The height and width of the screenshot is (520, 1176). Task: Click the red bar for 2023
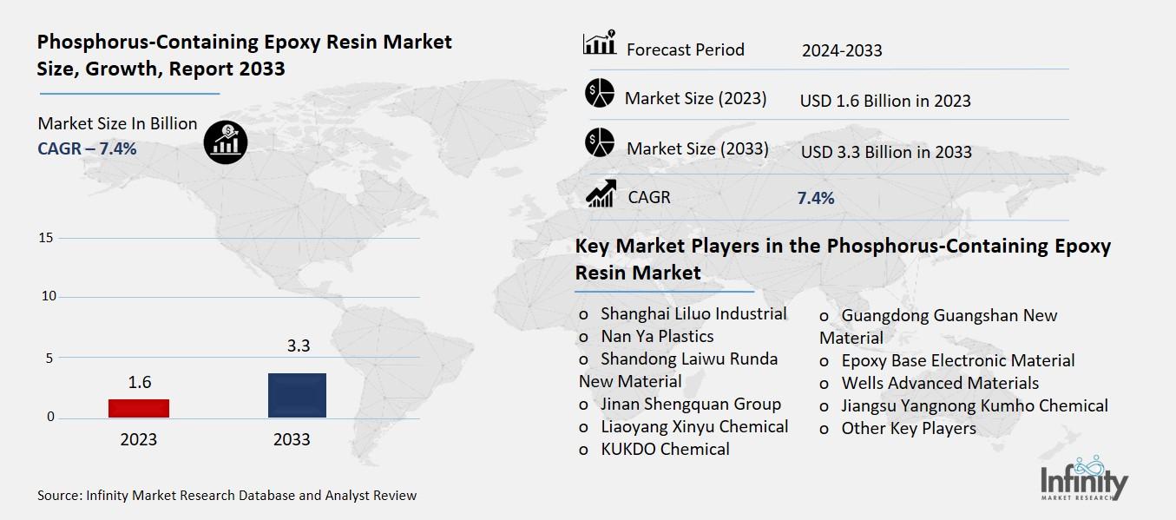click(x=139, y=408)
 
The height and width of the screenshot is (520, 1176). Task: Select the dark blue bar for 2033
click(x=297, y=395)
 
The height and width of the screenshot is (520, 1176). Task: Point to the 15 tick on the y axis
click(x=48, y=238)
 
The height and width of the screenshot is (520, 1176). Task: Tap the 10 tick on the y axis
click(x=48, y=297)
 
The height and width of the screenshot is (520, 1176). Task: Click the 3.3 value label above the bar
click(x=299, y=346)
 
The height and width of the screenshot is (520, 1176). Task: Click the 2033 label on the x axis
click(x=292, y=439)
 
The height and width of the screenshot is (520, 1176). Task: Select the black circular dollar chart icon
click(x=226, y=141)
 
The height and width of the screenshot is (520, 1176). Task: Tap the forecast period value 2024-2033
click(x=842, y=50)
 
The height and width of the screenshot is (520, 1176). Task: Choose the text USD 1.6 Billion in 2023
click(x=885, y=101)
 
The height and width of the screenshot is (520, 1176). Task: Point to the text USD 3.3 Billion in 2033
click(x=886, y=152)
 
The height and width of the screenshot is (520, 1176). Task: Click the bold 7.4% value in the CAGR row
click(x=816, y=198)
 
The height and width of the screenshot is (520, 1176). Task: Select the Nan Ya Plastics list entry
click(x=657, y=336)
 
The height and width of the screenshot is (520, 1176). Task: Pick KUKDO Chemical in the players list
click(x=665, y=449)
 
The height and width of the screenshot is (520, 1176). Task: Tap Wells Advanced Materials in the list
click(x=940, y=383)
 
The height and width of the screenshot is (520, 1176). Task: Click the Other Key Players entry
click(x=909, y=428)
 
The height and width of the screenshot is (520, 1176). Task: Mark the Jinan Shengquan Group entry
click(x=691, y=404)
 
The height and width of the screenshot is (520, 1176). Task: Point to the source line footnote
click(x=227, y=496)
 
